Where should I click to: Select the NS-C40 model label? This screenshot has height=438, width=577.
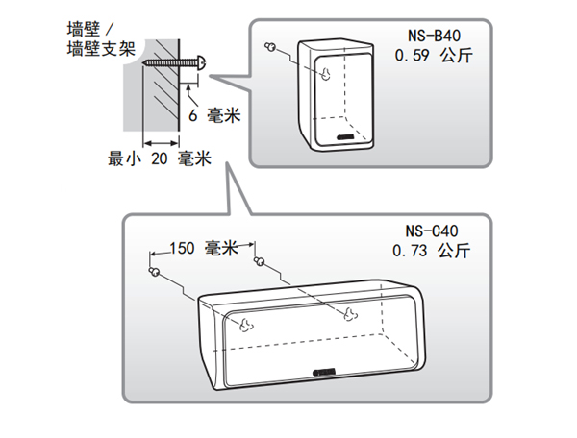pos(435,231)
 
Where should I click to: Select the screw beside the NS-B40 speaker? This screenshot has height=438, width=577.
pos(272,48)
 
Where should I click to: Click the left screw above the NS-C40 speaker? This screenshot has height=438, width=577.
pos(155,272)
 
